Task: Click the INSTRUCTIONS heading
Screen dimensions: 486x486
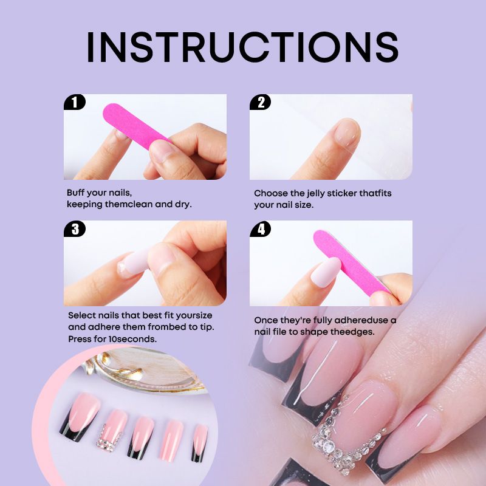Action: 242,47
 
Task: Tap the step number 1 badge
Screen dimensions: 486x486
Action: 74,102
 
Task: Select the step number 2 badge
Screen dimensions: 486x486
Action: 261,102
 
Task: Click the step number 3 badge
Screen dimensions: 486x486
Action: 75,229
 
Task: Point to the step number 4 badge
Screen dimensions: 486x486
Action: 261,229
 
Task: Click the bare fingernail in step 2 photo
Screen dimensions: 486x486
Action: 347,132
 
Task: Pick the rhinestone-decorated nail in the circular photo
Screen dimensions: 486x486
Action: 112,430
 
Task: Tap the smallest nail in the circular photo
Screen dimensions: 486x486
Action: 199,443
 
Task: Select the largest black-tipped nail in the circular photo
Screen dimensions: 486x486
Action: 80,417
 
